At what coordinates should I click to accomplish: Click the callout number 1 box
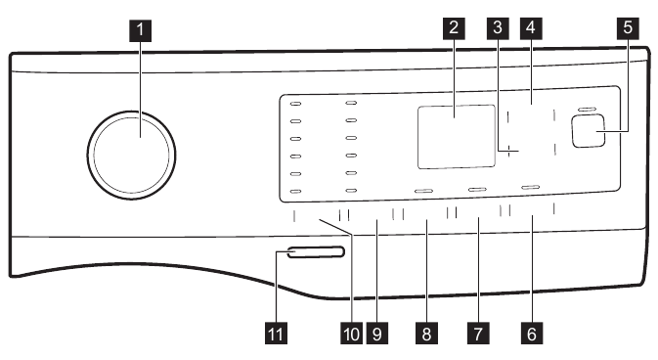(142, 29)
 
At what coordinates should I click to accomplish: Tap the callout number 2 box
(453, 28)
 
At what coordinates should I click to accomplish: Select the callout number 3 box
(499, 28)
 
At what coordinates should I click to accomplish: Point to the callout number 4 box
(531, 28)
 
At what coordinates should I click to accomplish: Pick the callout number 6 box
(531, 334)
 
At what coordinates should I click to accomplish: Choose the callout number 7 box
(478, 334)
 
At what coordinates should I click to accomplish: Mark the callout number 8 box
(426, 334)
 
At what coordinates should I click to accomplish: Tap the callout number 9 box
(375, 334)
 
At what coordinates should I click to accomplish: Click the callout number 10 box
(350, 334)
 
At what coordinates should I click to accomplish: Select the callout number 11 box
(277, 334)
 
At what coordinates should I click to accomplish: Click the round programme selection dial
(132, 152)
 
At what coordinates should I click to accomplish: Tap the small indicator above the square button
(586, 109)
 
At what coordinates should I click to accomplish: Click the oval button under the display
(424, 190)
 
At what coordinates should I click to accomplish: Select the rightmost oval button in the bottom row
(530, 186)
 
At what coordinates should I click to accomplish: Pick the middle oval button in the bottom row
(477, 188)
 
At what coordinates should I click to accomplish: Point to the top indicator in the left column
(296, 102)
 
